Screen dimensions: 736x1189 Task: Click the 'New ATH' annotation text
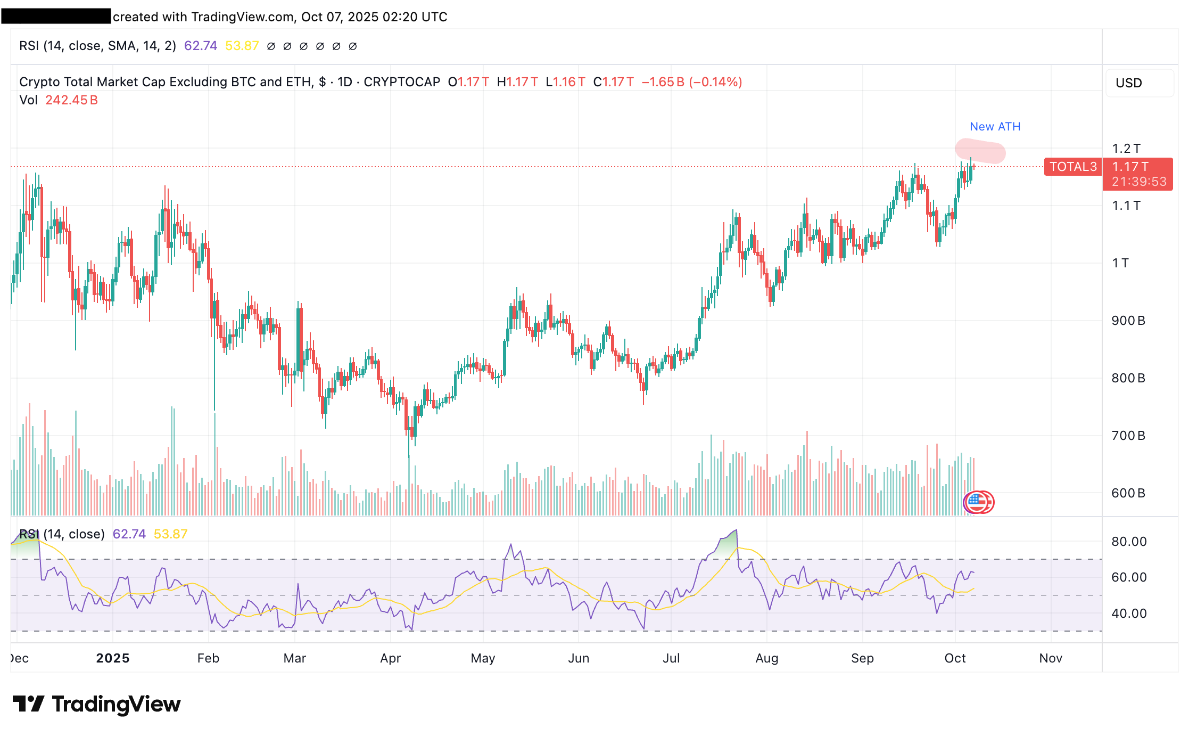click(x=995, y=127)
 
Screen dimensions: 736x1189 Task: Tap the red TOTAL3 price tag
click(x=1073, y=167)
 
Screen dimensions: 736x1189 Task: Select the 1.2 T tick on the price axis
click(x=1126, y=149)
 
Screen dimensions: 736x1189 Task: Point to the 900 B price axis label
click(x=1128, y=321)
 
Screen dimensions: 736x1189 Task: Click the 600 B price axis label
click(x=1128, y=493)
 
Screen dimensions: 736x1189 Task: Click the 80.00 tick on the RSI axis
click(x=1129, y=542)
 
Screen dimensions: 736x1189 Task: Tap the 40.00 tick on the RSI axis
click(x=1129, y=614)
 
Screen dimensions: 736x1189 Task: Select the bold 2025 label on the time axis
click(x=113, y=658)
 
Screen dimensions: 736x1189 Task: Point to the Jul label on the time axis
click(x=671, y=658)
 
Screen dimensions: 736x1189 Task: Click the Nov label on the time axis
click(x=1051, y=658)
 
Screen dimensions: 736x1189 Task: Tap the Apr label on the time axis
click(x=390, y=658)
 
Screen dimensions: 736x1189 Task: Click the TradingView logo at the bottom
click(x=97, y=704)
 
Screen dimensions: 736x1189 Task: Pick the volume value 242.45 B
click(x=71, y=100)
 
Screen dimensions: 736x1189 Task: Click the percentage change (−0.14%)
click(x=715, y=82)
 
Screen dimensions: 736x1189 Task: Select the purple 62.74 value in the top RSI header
click(x=201, y=46)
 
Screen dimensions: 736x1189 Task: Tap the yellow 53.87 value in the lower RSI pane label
click(x=170, y=534)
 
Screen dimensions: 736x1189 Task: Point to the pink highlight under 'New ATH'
click(x=980, y=151)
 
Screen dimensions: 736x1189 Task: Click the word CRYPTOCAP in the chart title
click(x=402, y=82)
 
